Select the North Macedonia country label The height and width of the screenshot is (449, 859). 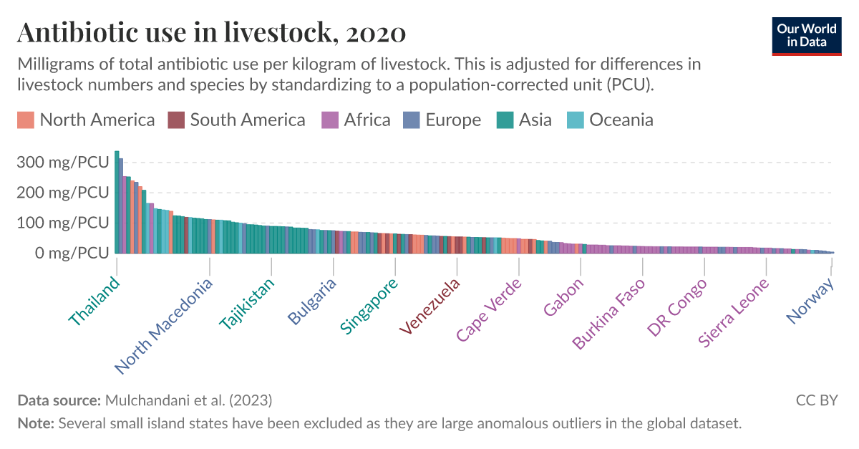164,327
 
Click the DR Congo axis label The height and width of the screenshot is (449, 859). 676,307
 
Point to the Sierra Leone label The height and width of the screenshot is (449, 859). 734,313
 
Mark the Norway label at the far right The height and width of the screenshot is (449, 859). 810,300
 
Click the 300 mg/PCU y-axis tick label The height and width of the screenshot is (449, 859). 64,163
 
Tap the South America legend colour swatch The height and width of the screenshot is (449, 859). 176,120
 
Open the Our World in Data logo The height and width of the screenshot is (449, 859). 806,34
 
